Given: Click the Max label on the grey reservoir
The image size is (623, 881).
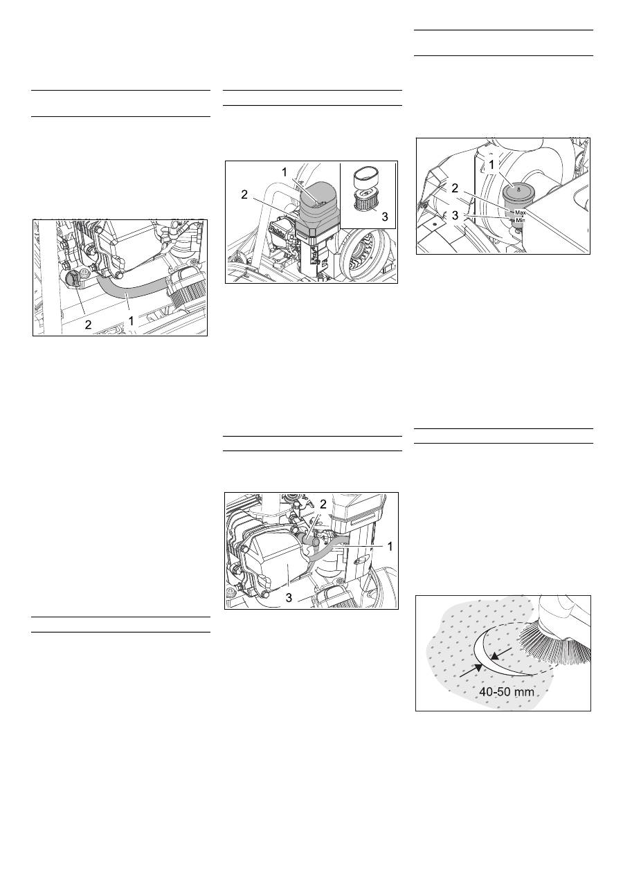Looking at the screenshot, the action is point(520,212).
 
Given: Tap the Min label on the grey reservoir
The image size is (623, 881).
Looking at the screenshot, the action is point(520,221).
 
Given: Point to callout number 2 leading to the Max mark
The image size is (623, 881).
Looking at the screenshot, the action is point(455,189).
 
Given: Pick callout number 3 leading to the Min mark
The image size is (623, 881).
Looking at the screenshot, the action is point(455,215).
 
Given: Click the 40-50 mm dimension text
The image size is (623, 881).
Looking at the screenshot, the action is point(507,691).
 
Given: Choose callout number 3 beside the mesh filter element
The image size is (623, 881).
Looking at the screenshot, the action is point(385,216).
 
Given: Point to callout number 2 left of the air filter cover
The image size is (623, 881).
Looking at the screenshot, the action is point(244,194).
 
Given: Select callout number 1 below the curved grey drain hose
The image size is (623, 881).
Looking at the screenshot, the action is point(131,321).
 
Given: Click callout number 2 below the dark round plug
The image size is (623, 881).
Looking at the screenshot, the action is point(88,324).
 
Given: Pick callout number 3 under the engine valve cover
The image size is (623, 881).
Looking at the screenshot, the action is point(289,598).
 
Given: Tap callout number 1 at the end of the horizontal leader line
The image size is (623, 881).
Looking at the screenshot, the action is point(390,546).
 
